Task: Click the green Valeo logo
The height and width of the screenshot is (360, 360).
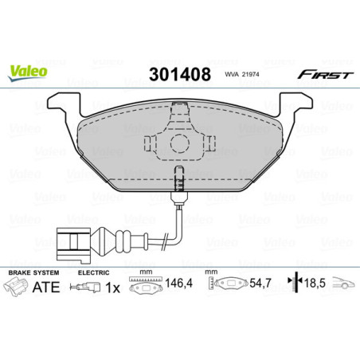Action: (x=29, y=71)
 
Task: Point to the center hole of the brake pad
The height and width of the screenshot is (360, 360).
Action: (x=179, y=146)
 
